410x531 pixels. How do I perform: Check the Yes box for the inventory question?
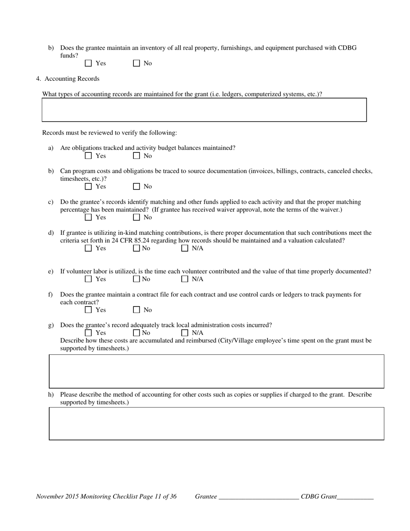[88, 63]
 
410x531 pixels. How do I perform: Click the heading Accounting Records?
[72, 79]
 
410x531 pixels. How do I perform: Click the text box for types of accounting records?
[204, 110]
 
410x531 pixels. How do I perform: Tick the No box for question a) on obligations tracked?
[136, 156]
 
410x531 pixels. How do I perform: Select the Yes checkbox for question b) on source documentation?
[88, 186]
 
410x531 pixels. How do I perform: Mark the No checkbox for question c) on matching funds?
[136, 217]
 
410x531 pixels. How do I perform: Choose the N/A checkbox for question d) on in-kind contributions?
[185, 248]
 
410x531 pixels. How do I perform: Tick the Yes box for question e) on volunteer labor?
[88, 279]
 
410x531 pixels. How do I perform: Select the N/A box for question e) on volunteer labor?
[185, 279]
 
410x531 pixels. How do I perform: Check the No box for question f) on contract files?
[136, 310]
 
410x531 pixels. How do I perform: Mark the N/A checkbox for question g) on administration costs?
[185, 333]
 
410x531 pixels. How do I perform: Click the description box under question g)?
[216, 371]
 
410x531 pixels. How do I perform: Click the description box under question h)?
[216, 424]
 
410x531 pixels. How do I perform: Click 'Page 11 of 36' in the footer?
[158, 496]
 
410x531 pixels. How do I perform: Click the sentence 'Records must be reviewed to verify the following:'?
[109, 133]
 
